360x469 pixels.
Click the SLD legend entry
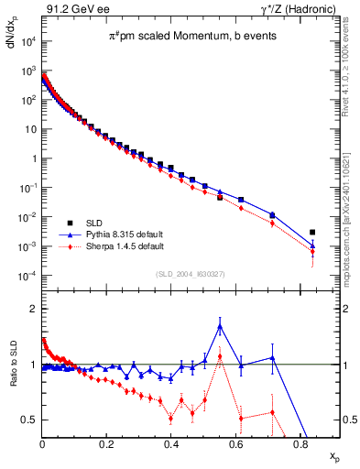79,223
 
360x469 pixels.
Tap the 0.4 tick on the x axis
171,443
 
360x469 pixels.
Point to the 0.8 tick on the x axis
300,443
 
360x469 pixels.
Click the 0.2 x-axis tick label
106,443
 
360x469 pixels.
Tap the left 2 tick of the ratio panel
33,310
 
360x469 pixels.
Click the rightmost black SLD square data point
312,233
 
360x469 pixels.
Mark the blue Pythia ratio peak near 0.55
220,325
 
